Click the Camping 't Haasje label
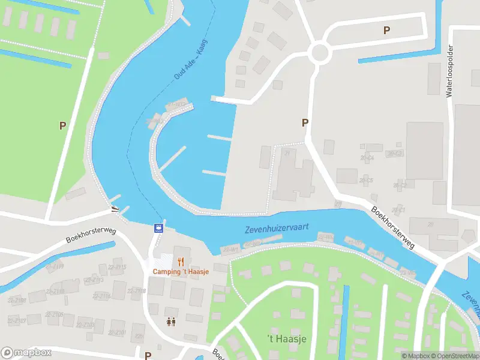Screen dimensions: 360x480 (181, 272)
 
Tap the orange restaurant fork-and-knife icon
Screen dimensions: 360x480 (181, 261)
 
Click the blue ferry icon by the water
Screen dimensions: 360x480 (158, 227)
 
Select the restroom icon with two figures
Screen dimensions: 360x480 (171, 322)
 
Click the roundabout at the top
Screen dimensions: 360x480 (320, 53)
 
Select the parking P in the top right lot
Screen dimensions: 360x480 (387, 30)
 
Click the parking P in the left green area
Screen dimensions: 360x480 (62, 125)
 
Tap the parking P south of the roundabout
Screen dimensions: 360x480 (305, 122)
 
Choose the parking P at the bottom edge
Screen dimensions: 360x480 (148, 355)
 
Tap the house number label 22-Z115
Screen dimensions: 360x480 (117, 267)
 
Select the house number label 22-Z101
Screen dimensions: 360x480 (117, 332)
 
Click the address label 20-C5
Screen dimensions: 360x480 (366, 180)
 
